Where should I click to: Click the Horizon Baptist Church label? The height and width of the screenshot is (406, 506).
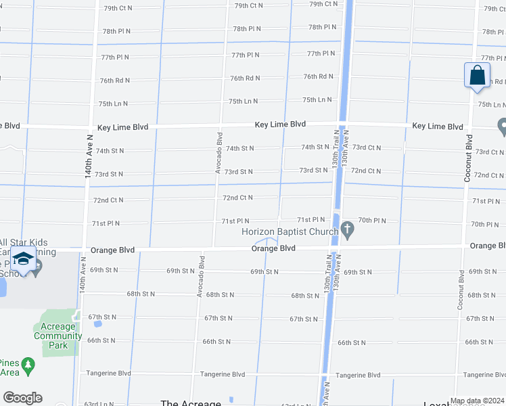pyautogui.click(x=290, y=232)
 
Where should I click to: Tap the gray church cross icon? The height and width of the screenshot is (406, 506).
pyautogui.click(x=348, y=230)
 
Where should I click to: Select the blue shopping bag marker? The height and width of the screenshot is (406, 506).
pyautogui.click(x=477, y=75)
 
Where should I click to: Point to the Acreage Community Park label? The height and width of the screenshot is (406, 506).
pyautogui.click(x=58, y=336)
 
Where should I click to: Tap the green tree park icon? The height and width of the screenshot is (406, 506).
pyautogui.click(x=28, y=366)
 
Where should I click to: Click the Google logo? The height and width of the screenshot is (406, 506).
pyautogui.click(x=22, y=397)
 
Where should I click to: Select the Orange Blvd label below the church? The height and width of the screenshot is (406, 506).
pyautogui.click(x=273, y=248)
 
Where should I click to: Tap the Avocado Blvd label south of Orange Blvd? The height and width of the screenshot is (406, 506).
pyautogui.click(x=200, y=275)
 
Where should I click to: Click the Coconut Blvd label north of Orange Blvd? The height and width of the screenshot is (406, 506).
pyautogui.click(x=467, y=158)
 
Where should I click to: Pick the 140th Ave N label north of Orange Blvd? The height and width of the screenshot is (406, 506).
pyautogui.click(x=89, y=155)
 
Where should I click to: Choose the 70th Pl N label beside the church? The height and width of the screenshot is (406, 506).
pyautogui.click(x=371, y=221)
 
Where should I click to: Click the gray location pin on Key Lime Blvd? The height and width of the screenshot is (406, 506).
pyautogui.click(x=502, y=126)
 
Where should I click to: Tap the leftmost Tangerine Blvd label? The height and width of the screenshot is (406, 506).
pyautogui.click(x=108, y=374)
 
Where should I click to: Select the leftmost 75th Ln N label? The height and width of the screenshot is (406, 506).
pyautogui.click(x=113, y=104)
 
